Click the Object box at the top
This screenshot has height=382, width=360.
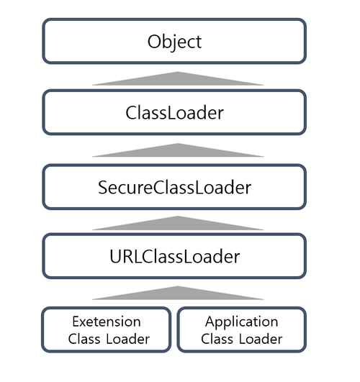(174, 41)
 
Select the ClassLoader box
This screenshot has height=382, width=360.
(174, 112)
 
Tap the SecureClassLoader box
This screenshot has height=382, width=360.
(174, 187)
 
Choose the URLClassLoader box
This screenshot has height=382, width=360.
(174, 255)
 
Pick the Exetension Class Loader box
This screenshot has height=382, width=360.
(107, 329)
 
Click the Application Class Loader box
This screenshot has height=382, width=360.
(241, 329)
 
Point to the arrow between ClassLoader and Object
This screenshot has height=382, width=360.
(177, 78)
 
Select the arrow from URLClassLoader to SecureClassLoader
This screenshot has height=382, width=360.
(177, 222)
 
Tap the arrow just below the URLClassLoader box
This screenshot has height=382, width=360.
(177, 293)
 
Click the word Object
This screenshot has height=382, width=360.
(174, 41)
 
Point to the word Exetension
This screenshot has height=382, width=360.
(107, 321)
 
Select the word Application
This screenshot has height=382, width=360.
(241, 321)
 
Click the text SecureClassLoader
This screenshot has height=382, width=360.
(174, 188)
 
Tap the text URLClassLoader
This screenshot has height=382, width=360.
(174, 256)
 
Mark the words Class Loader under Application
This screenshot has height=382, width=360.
(241, 339)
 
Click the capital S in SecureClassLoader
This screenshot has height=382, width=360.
(102, 188)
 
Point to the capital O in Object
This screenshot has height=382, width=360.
(153, 41)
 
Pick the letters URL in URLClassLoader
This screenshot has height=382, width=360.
(122, 256)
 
